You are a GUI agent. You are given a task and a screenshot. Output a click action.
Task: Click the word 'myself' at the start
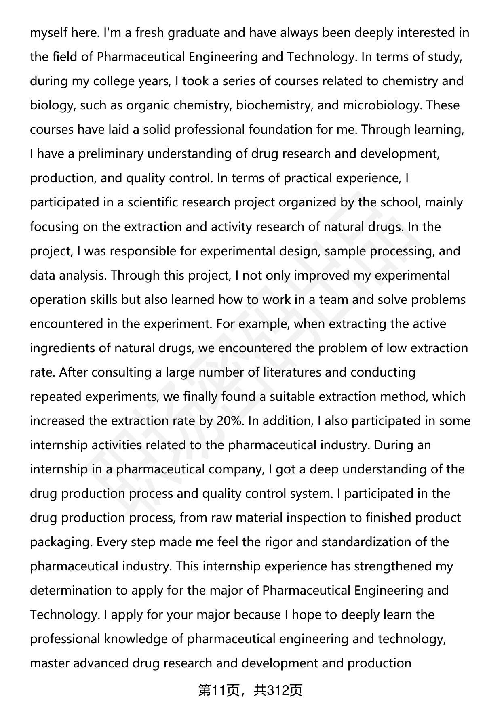tap(48, 32)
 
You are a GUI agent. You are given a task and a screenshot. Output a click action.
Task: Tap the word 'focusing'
tap(55, 227)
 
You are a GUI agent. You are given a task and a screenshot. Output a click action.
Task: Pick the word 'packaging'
tap(61, 542)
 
